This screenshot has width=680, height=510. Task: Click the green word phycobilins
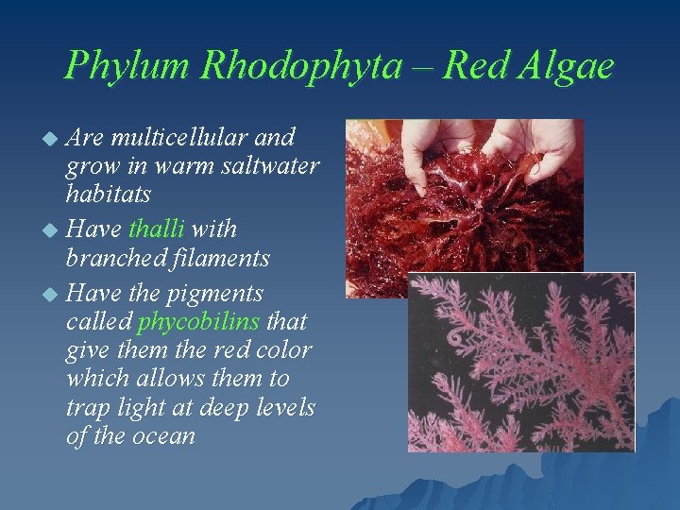[x=198, y=321]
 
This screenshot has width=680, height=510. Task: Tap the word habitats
[x=110, y=195]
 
